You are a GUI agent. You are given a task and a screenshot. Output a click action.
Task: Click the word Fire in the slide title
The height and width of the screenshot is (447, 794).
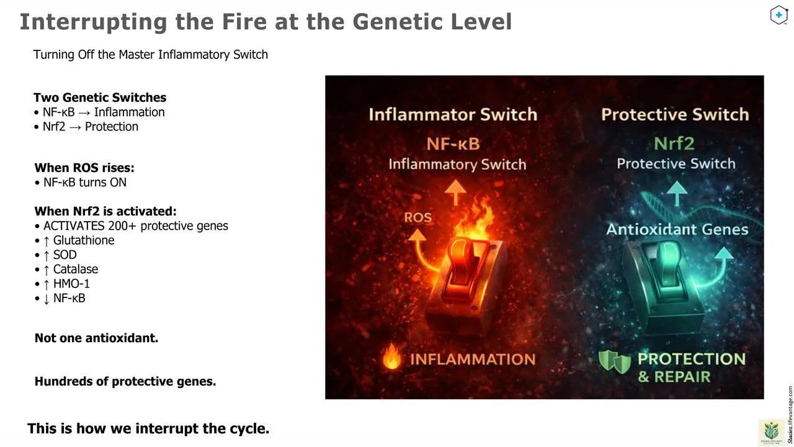coord(244,22)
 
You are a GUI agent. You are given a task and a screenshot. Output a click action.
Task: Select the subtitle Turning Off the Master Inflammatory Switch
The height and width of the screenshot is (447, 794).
coord(151,55)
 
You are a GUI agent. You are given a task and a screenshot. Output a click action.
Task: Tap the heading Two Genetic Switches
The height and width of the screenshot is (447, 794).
coord(100,97)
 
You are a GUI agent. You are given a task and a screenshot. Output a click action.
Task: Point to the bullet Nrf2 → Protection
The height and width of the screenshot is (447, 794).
coord(86,127)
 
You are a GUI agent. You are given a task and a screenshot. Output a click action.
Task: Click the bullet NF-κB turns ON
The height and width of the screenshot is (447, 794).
coord(81,183)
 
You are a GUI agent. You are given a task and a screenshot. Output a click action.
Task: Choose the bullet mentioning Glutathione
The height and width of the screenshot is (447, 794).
coord(75,240)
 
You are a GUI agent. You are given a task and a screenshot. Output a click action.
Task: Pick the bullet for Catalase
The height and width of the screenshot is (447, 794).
coord(66,269)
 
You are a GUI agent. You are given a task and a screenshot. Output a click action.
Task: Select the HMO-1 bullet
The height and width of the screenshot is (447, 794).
coord(63,284)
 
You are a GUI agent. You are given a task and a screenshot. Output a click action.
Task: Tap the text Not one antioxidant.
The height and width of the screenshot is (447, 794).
coord(96,338)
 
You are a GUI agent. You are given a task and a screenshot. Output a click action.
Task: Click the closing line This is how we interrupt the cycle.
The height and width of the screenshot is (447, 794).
coord(148,428)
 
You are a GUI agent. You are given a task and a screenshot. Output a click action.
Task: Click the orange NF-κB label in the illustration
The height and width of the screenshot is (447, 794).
coord(453,144)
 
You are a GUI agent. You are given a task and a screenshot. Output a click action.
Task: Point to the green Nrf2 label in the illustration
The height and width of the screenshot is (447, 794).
coord(674,143)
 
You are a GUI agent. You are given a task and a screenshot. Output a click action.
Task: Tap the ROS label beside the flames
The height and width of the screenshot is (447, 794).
coord(418,217)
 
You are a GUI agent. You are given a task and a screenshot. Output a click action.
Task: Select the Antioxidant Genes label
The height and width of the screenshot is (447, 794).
coord(677,230)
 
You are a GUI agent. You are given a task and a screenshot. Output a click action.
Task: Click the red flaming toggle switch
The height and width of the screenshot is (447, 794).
coord(465,280)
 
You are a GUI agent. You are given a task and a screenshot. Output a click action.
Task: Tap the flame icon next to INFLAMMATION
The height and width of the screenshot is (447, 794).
coord(391,356)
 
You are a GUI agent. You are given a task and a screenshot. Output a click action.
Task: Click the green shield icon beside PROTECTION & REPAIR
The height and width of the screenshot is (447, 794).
coord(615,362)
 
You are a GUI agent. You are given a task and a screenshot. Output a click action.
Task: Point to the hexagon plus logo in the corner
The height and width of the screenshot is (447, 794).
coord(778,15)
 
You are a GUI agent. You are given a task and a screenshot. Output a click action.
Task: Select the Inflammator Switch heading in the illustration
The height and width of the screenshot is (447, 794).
coord(453,115)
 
